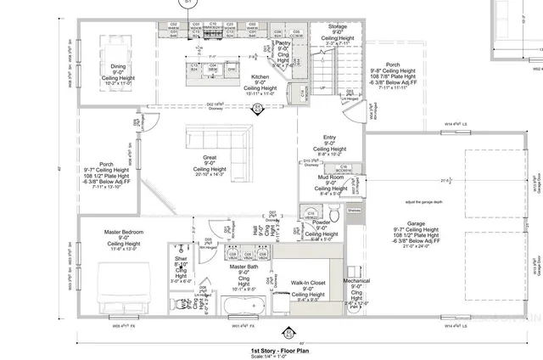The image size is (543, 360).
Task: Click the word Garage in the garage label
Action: tap(416, 224)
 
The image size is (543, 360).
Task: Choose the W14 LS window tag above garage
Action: tap(459, 124)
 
